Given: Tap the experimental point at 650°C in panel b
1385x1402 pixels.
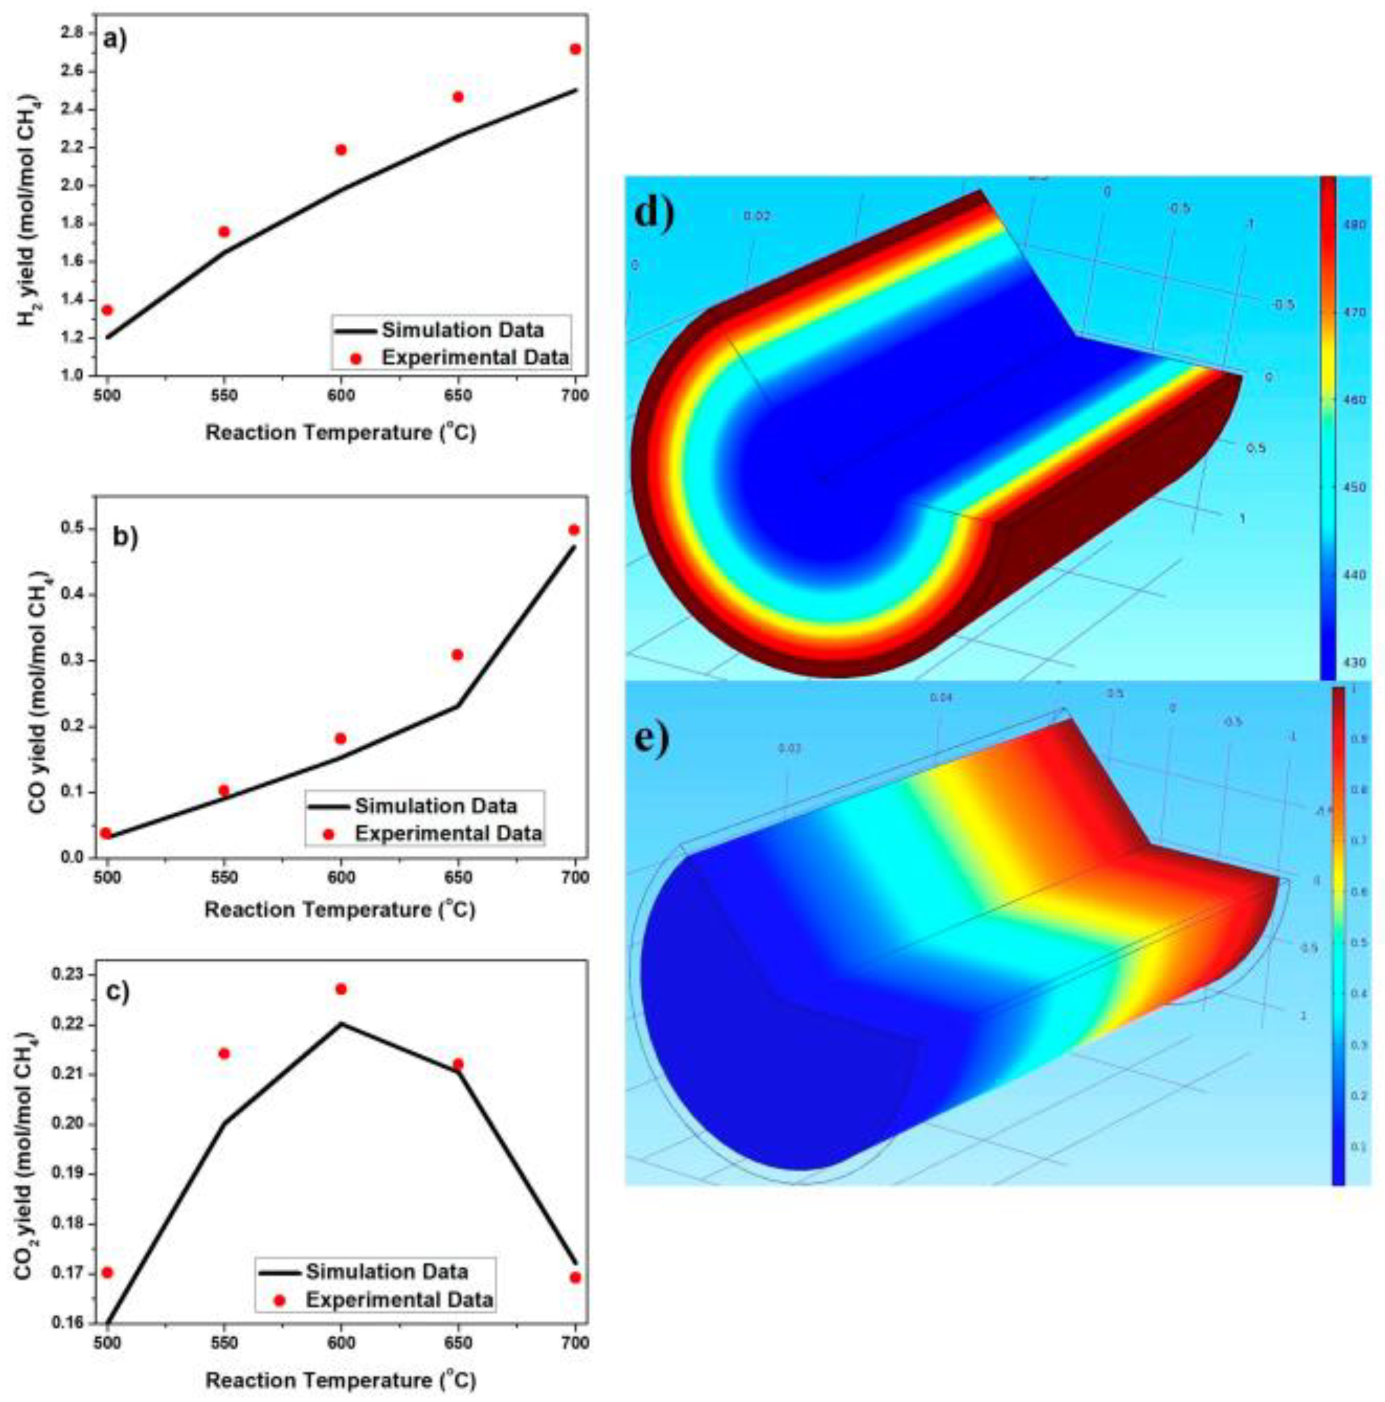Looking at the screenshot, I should click(457, 655).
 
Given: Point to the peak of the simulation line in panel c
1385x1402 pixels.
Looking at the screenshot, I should click(341, 1023).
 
